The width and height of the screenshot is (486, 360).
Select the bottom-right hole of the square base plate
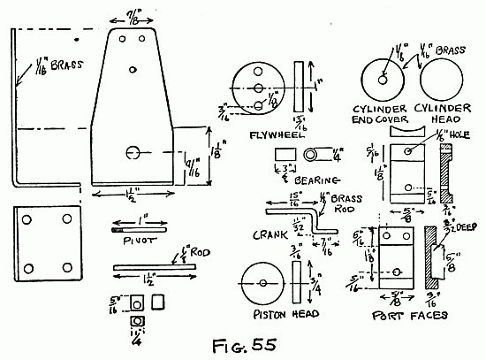pyautogui.click(x=68, y=264)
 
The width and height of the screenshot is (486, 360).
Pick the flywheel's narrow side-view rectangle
pyautogui.click(x=300, y=86)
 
